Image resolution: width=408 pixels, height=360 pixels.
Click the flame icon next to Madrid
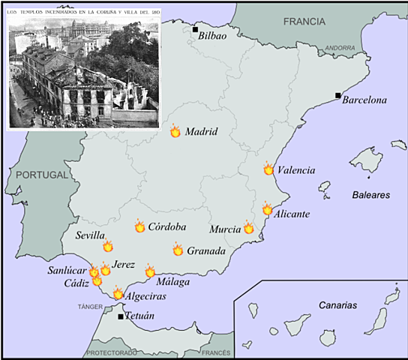coord(175,131)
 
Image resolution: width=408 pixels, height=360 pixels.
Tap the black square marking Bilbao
coord(195,30)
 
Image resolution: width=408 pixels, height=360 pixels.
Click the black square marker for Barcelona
coord(338,95)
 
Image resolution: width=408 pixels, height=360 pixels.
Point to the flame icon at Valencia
coord(268,169)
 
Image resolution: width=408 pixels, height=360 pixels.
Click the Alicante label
coord(292,214)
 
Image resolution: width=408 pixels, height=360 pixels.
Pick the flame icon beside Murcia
coord(249,227)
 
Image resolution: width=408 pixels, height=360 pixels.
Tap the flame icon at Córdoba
coord(139,226)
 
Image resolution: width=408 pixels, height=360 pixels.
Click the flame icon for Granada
coord(178,249)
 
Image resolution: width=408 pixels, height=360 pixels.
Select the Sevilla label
coord(90,235)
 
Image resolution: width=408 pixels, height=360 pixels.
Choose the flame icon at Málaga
coord(150,271)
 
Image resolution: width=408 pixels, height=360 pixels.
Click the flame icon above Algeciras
coord(118,294)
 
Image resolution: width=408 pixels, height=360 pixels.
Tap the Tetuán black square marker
coord(121,316)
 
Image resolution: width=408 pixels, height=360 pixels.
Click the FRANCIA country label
coord(304,21)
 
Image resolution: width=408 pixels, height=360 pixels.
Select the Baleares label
coord(370,194)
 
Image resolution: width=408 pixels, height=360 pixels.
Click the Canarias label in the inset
coord(337,305)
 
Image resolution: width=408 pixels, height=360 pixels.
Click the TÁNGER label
coord(89,307)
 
